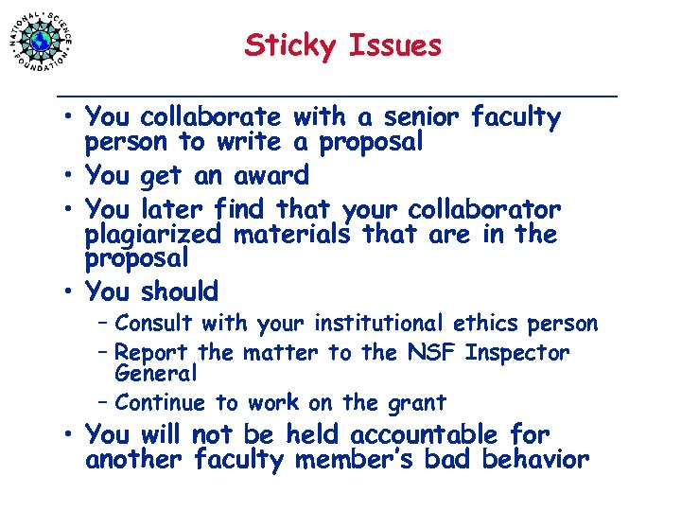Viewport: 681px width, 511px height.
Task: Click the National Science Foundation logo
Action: [x=41, y=41]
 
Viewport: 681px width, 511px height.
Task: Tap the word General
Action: [x=154, y=373]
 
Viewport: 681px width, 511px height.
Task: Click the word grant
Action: [x=414, y=403]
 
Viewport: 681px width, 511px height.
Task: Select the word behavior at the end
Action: [x=535, y=460]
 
